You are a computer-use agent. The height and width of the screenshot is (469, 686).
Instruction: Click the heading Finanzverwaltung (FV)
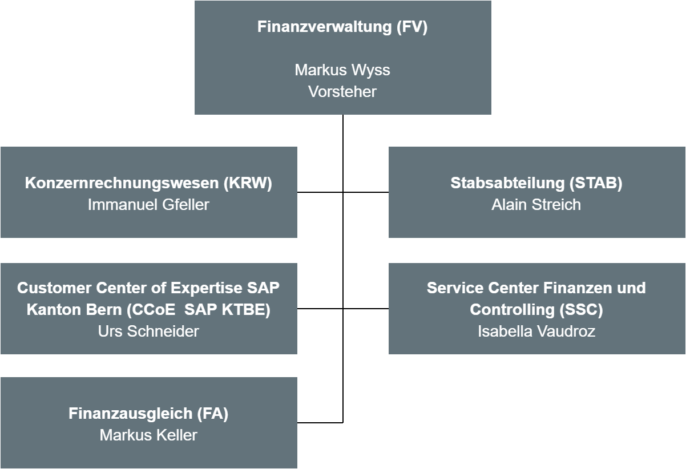pyautogui.click(x=342, y=27)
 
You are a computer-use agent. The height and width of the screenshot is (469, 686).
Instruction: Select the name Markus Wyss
pyautogui.click(x=342, y=70)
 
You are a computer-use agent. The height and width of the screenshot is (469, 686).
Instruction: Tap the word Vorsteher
pyautogui.click(x=342, y=91)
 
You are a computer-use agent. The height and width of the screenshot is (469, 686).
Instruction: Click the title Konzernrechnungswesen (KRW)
pyautogui.click(x=148, y=183)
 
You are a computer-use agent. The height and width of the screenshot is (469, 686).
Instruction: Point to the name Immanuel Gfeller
pyautogui.click(x=148, y=204)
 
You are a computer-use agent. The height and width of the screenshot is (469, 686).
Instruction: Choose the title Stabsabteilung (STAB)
pyautogui.click(x=536, y=183)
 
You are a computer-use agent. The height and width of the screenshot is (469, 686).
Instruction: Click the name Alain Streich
pyautogui.click(x=536, y=204)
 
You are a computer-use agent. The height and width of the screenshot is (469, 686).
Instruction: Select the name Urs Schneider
pyautogui.click(x=148, y=331)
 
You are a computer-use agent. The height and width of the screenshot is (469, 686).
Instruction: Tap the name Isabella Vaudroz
pyautogui.click(x=536, y=331)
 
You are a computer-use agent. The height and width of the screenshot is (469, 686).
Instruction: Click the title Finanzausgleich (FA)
pyautogui.click(x=148, y=414)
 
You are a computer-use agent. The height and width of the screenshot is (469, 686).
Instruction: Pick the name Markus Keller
pyautogui.click(x=148, y=435)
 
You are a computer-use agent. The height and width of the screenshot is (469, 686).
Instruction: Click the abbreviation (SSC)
pyautogui.click(x=581, y=309)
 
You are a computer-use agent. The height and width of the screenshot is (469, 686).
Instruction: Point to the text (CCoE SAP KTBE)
pyautogui.click(x=199, y=309)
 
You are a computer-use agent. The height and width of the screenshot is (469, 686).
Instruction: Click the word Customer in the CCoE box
pyautogui.click(x=54, y=288)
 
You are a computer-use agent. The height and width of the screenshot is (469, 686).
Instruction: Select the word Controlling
pyautogui.click(x=512, y=309)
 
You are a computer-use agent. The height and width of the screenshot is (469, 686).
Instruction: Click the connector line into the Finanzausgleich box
pyautogui.click(x=320, y=423)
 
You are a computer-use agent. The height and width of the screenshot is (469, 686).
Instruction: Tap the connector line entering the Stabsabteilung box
pyautogui.click(x=366, y=192)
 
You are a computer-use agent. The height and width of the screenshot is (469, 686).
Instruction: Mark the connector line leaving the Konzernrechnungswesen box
pyautogui.click(x=320, y=192)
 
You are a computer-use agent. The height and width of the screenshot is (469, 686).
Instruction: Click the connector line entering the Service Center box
pyautogui.click(x=366, y=309)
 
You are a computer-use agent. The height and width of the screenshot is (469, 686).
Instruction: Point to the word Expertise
pyautogui.click(x=206, y=288)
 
